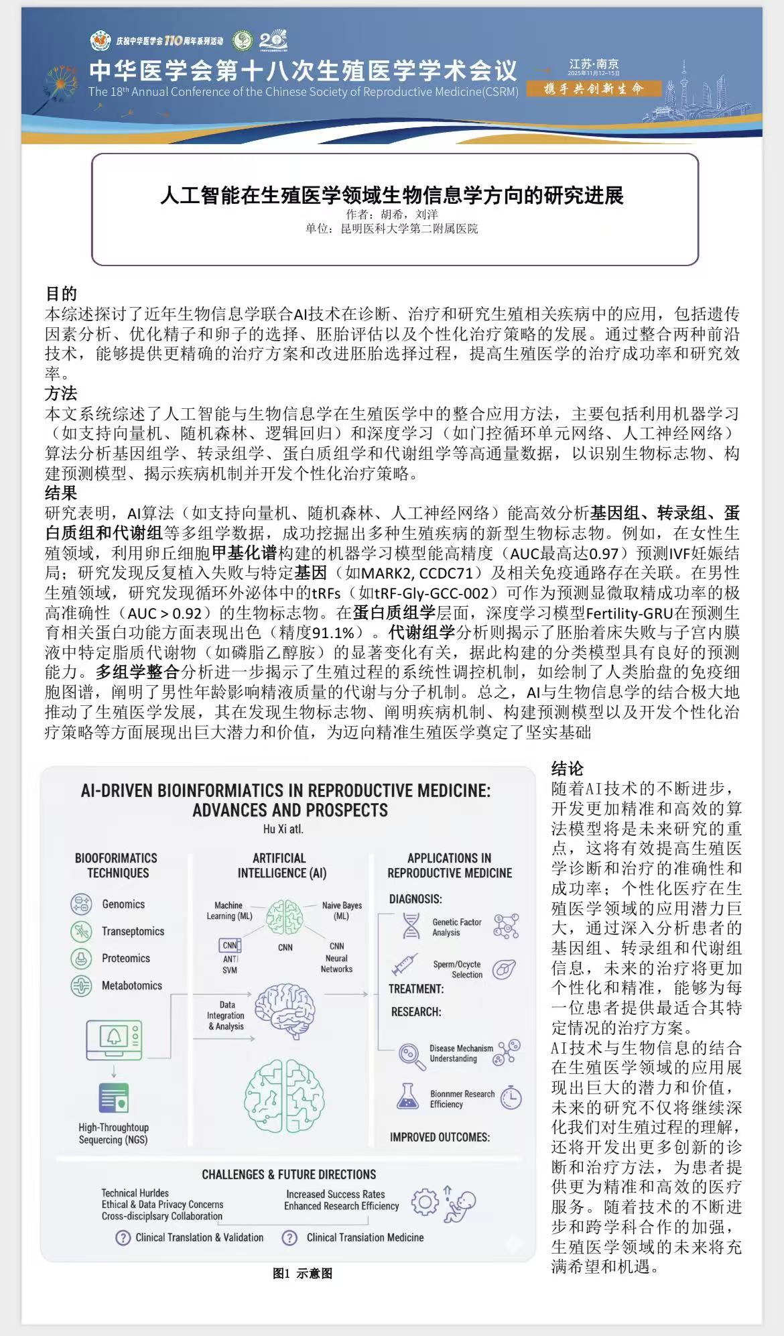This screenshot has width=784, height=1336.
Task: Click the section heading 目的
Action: coord(61,294)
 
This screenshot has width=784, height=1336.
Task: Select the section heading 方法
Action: coord(61,393)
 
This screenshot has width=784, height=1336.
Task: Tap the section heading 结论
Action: coord(568,768)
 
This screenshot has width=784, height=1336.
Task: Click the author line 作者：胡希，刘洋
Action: coord(392,215)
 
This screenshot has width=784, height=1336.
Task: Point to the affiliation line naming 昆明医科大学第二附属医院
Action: coord(392,229)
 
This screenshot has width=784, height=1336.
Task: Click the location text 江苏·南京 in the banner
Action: coord(594,64)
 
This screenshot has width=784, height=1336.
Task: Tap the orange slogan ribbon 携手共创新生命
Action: coord(594,88)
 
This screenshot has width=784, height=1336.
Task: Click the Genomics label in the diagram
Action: coord(123,904)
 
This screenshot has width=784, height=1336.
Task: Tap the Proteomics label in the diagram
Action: coord(126,959)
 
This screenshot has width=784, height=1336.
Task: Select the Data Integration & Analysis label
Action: coord(226,1016)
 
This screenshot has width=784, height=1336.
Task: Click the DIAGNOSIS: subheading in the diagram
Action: coord(415,899)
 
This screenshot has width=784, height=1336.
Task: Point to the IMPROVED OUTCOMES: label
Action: coord(440,1137)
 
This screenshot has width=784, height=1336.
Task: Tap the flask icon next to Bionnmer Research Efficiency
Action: coord(407,1097)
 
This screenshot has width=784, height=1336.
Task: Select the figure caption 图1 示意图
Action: coord(302,1274)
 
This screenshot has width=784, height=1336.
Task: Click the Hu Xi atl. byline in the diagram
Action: coord(283,829)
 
